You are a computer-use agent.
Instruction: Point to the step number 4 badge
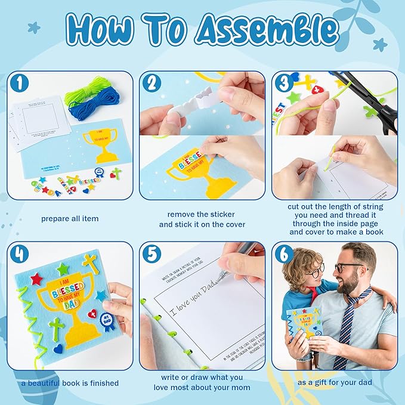pyautogui.click(x=20, y=253)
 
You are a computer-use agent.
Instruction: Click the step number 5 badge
pyautogui.click(x=152, y=253)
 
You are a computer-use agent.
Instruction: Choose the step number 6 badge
pyautogui.click(x=283, y=253)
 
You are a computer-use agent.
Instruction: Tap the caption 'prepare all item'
pyautogui.click(x=70, y=219)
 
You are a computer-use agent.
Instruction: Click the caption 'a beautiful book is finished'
pyautogui.click(x=70, y=383)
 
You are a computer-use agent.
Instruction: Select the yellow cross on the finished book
pyautogui.click(x=90, y=262)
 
